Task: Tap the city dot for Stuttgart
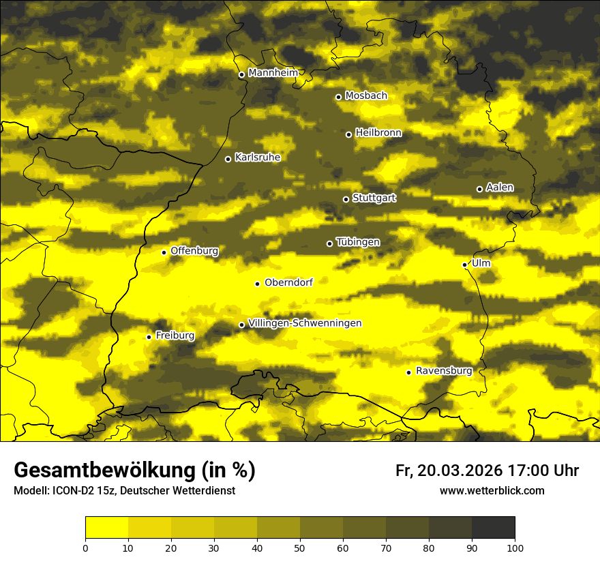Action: coord(346,199)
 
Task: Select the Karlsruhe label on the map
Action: coord(257,158)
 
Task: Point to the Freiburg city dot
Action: coord(149,337)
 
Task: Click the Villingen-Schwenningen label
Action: coord(305,323)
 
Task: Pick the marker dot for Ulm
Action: coord(464,265)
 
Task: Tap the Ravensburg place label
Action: coord(443,371)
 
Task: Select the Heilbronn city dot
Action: coord(348,134)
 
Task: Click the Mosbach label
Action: coord(365,96)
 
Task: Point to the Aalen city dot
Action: coord(479,189)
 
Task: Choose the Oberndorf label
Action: coord(288,282)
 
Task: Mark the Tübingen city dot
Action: coord(329,243)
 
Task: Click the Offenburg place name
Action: coord(194,251)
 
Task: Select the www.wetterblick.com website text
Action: coord(492,491)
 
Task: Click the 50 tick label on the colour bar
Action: coord(300,547)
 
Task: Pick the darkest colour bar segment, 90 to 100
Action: coord(493,528)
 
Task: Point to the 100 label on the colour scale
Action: coord(515,547)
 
